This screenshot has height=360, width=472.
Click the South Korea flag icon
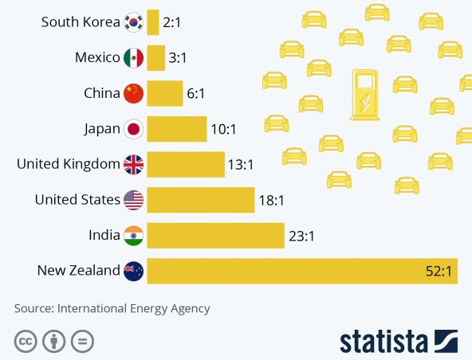point(133,22)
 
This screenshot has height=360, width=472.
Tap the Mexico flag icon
point(133,57)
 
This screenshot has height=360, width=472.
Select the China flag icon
point(133,93)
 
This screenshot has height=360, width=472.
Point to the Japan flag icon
point(133,129)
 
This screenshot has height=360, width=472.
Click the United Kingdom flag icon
point(133,165)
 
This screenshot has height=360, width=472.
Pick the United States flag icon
point(133,200)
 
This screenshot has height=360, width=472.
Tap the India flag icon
point(133,236)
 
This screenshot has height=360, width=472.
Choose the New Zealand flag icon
point(133,271)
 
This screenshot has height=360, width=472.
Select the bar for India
point(215,236)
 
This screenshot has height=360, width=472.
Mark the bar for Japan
point(176,129)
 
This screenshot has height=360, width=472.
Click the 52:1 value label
point(439,272)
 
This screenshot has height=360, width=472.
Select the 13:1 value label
point(241,165)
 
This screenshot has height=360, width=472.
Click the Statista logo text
point(384,341)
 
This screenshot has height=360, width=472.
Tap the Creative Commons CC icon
point(26,342)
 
